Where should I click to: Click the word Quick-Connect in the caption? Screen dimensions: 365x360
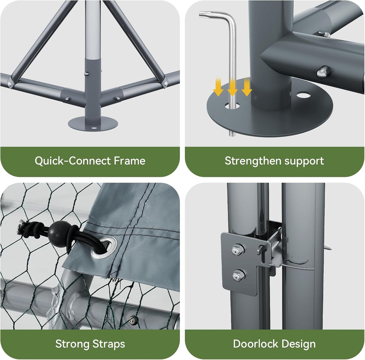pos(73,161)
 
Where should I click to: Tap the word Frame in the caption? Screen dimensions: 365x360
pos(130,161)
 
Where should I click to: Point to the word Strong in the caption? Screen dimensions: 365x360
pos(72,344)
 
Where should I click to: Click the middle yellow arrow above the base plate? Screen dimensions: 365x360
pos(233,87)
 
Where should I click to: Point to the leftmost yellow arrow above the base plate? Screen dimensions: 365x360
pos(218,87)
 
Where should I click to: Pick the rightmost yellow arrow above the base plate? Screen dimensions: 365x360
pos(247,87)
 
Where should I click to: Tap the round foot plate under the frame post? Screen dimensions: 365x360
pos(93,124)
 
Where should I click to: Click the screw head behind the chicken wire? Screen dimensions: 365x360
pos(133,320)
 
